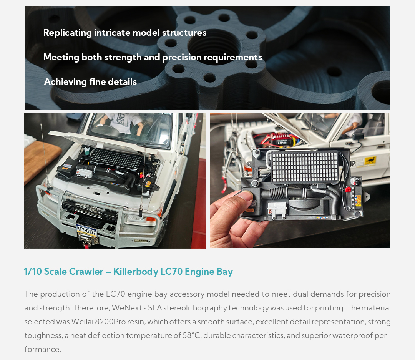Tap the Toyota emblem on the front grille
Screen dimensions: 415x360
coord(93,209)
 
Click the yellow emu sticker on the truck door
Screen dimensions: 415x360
coord(370,161)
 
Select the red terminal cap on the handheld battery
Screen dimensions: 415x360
coord(348,189)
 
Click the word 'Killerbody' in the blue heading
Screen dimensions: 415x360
coord(136,272)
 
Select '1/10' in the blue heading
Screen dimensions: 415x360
coord(33,272)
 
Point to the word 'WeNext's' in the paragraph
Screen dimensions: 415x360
coord(129,308)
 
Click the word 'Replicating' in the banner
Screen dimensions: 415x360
coord(67,33)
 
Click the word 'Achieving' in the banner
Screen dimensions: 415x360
coord(65,82)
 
